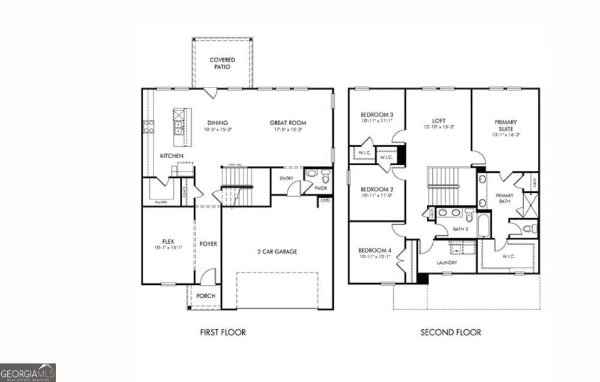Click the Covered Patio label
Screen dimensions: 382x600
pos(222,63)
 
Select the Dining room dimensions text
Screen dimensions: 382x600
pos(217,130)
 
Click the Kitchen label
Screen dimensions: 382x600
pos(171,156)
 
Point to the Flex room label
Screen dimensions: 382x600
pos(168,241)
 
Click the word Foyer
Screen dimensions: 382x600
pos(208,244)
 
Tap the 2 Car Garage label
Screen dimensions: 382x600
pos(277,251)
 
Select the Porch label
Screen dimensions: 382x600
pos(206,296)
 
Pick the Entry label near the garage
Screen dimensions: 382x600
pos(286,178)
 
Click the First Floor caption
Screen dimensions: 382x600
pos(222,332)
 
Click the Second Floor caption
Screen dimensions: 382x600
pos(450,332)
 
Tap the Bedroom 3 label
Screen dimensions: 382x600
pos(376,115)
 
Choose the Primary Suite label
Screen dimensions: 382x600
pos(506,125)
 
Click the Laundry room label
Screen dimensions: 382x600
pos(447,262)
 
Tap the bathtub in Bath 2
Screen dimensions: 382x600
pos(484,228)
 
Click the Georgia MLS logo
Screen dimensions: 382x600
pos(28,372)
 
